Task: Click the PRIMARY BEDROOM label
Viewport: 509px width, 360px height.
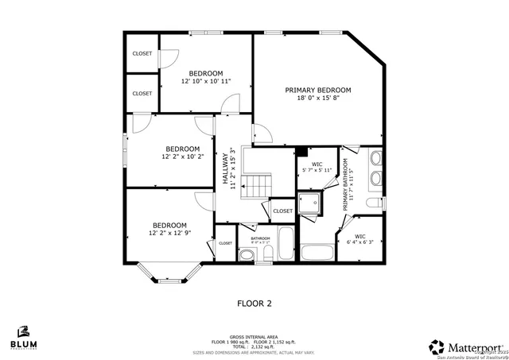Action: click(x=318, y=91)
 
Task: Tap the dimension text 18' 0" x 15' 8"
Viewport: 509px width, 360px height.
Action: click(x=318, y=99)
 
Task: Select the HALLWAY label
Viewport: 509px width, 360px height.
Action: click(x=226, y=168)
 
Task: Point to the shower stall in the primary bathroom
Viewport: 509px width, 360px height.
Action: click(x=309, y=203)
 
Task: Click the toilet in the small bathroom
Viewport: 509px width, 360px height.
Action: click(x=247, y=254)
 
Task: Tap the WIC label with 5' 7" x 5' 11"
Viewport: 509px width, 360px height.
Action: click(x=317, y=165)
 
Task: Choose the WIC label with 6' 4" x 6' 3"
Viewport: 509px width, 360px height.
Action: click(x=359, y=236)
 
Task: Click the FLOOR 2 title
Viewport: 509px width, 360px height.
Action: click(x=254, y=303)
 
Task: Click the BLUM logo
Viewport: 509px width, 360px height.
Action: click(x=23, y=339)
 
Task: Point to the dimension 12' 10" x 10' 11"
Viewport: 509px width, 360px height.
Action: click(x=206, y=81)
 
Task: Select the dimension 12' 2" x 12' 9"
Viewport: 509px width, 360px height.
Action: click(x=169, y=233)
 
